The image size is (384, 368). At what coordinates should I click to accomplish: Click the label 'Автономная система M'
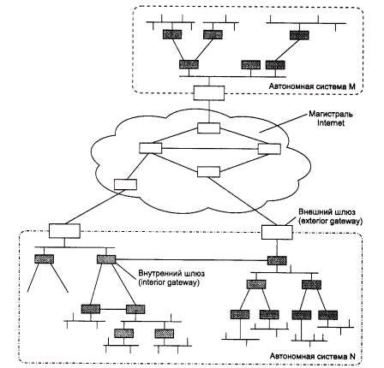click(x=312, y=86)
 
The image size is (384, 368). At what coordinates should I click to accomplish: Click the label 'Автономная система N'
click(x=313, y=356)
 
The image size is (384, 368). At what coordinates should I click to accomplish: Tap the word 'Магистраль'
click(x=331, y=115)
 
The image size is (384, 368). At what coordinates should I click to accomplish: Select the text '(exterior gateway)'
click(x=330, y=221)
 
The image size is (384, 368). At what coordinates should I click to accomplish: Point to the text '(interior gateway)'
click(x=169, y=282)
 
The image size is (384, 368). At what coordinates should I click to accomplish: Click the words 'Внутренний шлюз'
click(x=171, y=274)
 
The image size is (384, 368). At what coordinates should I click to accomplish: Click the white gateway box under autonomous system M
click(x=209, y=92)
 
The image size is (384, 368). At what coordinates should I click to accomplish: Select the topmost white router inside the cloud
click(x=208, y=128)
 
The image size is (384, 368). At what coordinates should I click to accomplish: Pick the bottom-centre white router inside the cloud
click(x=208, y=172)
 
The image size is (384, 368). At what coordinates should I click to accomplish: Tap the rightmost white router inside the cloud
click(x=269, y=149)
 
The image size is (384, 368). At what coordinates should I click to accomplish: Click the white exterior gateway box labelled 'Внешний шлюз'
click(x=277, y=232)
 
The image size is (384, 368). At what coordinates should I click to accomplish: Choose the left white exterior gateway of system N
click(x=64, y=230)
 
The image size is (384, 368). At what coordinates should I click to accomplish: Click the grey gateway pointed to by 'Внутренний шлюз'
click(x=106, y=259)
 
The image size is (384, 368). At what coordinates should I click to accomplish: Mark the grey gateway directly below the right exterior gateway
click(x=277, y=260)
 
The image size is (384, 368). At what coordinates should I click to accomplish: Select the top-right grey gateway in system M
click(x=299, y=35)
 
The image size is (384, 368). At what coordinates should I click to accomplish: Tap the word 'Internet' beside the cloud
click(x=331, y=123)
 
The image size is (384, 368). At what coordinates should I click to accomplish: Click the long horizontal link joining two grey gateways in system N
click(x=191, y=260)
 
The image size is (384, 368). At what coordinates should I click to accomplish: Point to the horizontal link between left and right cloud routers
click(x=210, y=149)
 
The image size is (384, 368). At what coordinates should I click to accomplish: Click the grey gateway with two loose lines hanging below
click(x=44, y=259)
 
